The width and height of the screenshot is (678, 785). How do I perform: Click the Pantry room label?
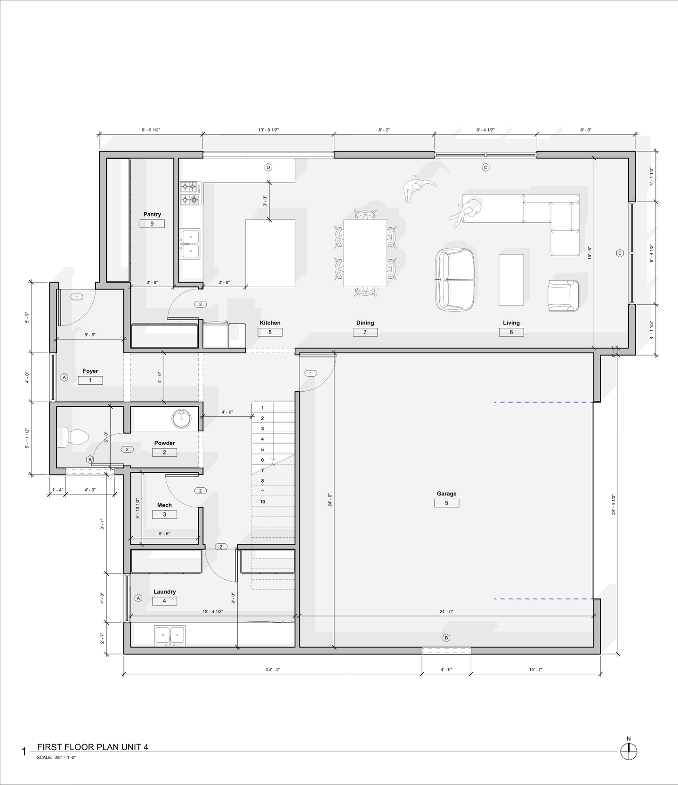tap(152, 214)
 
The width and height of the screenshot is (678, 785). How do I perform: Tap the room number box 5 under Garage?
tap(446, 503)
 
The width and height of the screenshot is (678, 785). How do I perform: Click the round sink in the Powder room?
tap(181, 418)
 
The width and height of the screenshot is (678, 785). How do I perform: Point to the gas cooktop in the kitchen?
tap(190, 193)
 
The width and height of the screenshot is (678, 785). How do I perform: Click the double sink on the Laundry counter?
tap(170, 636)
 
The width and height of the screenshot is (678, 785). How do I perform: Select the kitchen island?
tap(270, 253)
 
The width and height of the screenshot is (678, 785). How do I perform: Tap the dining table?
tap(365, 253)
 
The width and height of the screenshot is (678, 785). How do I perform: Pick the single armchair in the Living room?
tap(563, 295)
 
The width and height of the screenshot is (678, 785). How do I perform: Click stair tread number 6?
tap(263, 460)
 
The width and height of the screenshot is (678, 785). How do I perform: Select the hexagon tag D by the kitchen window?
tap(268, 167)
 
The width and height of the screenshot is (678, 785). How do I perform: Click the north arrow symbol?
tap(628, 751)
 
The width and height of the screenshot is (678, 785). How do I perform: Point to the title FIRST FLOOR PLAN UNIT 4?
tap(93, 747)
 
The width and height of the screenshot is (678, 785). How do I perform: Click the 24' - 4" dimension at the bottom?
tap(273, 669)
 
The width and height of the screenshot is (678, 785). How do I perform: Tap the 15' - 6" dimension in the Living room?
tap(589, 253)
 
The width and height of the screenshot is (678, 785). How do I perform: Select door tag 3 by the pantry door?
tap(200, 304)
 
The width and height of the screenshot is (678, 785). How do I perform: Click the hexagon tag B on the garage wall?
tap(446, 638)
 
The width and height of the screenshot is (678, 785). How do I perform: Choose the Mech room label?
tap(164, 505)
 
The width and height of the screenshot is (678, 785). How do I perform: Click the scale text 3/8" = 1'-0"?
tap(65, 758)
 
